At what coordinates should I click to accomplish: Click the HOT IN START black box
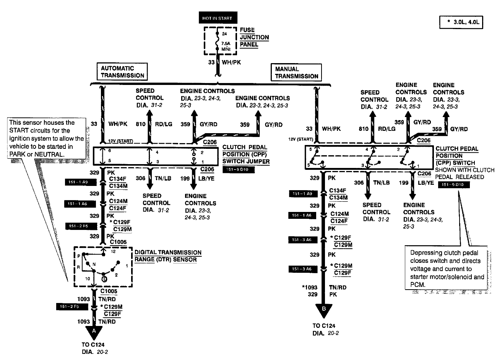coord(217,18)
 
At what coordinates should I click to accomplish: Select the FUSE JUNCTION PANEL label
coord(254,37)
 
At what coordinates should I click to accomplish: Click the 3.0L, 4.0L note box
coord(461,23)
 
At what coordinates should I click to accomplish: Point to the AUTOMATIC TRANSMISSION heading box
coord(122,72)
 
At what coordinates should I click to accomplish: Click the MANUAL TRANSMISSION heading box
coord(297,72)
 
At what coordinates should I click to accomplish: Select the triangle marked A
coord(94,330)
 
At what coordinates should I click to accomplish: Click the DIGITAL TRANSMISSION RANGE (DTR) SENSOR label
coord(168,256)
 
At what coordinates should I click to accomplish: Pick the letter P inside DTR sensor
coord(78,256)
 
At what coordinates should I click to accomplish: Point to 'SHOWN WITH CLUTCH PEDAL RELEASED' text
coord(465,173)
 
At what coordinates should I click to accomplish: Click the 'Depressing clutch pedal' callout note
coord(447,269)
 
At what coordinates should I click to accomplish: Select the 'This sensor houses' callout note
coord(46,138)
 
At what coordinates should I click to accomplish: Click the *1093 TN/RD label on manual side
coord(323,287)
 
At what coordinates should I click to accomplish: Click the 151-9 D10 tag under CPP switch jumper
coord(238,169)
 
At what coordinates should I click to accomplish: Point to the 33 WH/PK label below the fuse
coord(224,61)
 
